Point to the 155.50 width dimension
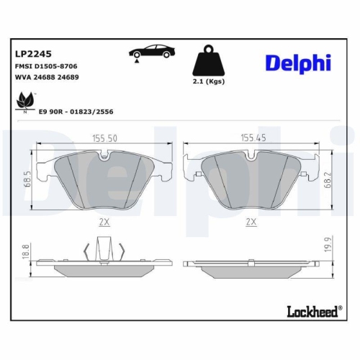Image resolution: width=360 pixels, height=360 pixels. [104, 138]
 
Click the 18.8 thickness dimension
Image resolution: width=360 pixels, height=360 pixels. [26, 251]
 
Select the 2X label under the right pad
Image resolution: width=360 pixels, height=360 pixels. [251, 222]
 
